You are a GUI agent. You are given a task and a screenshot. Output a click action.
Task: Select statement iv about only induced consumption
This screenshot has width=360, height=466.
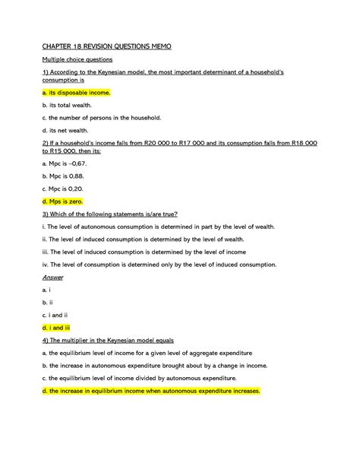pos(160,265)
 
